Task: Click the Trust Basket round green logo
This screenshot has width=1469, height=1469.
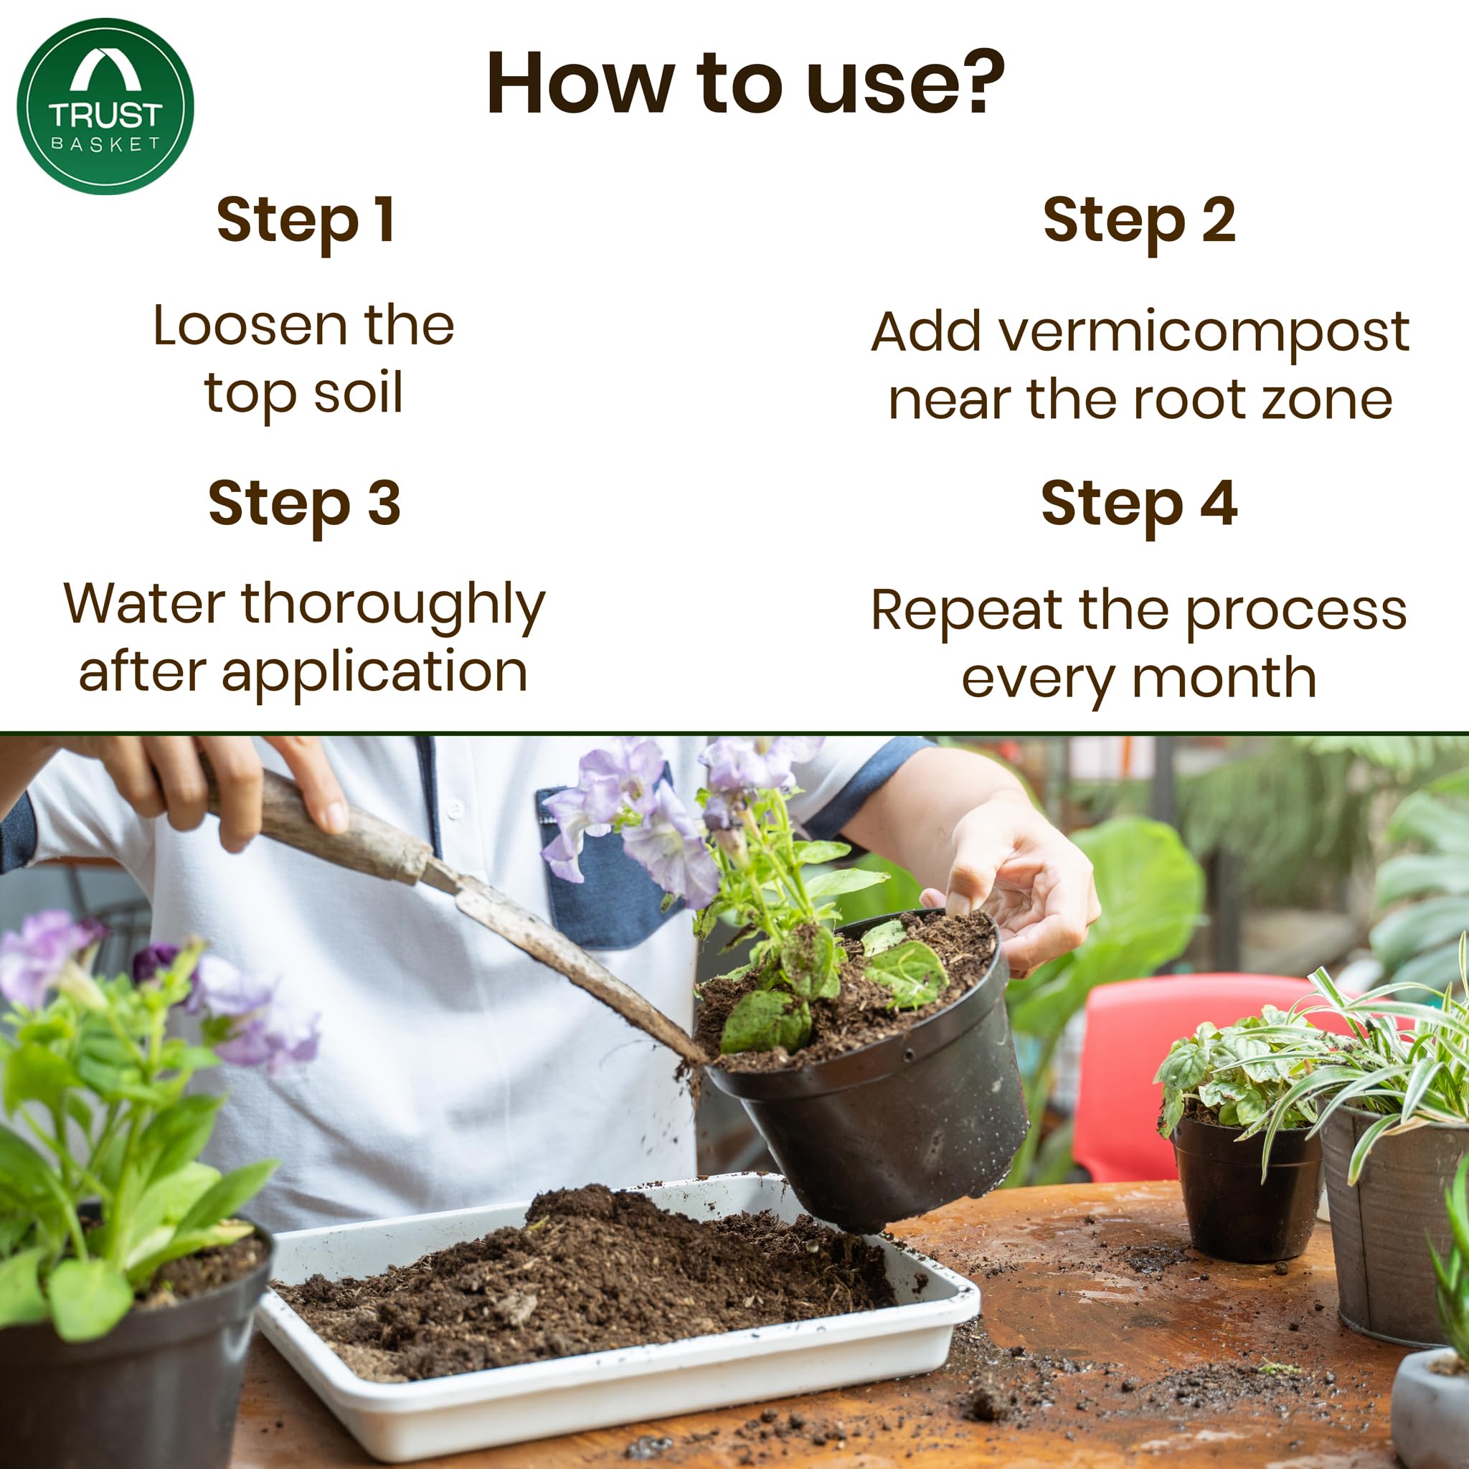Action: (105, 106)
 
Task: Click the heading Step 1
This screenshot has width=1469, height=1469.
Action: (305, 220)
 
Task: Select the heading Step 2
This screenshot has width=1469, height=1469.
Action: (1138, 220)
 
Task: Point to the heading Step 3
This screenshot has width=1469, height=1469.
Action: (304, 504)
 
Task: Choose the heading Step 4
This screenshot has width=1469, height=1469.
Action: (1138, 504)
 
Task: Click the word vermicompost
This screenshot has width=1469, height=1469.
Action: (1203, 333)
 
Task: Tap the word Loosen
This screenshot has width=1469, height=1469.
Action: (250, 326)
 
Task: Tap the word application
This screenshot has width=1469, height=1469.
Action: (374, 672)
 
